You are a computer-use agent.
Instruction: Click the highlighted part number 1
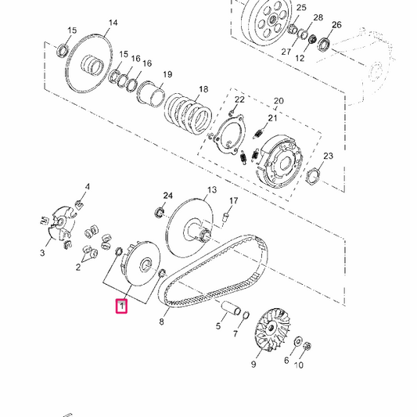pos(121,306)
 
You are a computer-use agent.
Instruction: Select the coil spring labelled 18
pos(189,113)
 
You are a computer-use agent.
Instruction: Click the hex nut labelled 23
pos(313,176)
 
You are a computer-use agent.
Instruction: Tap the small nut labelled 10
pos(307,346)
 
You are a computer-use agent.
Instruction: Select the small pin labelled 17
pos(226,217)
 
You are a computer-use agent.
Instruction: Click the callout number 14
pos(113,23)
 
